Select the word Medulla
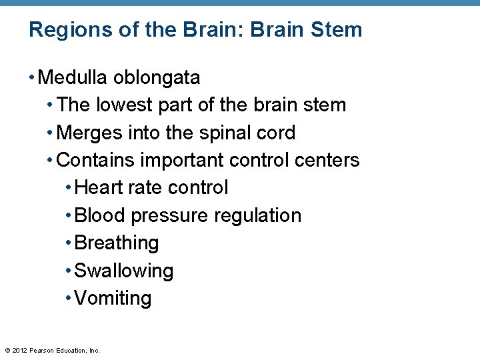73,78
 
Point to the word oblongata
157,78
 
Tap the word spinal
227,133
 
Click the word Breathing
117,243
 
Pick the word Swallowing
124,271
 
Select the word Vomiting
113,298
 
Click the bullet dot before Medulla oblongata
32,78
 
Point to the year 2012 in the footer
20,349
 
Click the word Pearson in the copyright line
41,349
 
